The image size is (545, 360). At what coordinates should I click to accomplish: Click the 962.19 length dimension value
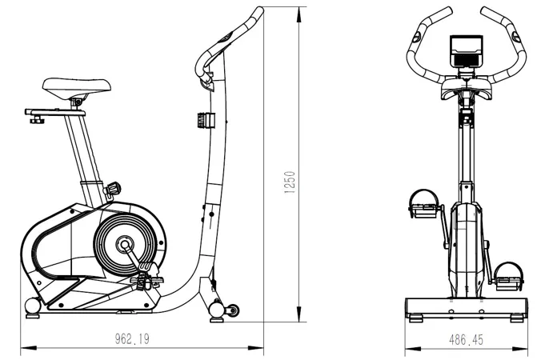(132, 339)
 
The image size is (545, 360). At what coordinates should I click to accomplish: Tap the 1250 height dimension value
(290, 182)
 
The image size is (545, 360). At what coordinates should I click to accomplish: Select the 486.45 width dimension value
(466, 339)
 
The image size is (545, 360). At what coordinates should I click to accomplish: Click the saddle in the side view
(77, 88)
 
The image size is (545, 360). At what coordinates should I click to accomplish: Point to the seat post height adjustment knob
(113, 190)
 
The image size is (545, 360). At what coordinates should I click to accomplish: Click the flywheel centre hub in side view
(124, 245)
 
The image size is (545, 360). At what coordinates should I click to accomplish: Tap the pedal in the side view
(146, 280)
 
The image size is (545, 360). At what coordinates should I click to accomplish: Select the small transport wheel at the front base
(232, 310)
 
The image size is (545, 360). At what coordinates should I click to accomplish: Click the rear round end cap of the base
(33, 306)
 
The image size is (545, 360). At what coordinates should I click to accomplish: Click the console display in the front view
(467, 50)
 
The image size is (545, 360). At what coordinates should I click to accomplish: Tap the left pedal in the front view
(423, 204)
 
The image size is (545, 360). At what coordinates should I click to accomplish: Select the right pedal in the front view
(508, 277)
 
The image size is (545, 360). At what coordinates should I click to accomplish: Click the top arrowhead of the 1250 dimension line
(299, 14)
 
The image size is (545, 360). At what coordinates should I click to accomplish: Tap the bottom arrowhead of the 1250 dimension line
(299, 314)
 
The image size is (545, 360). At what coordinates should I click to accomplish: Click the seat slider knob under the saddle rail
(37, 120)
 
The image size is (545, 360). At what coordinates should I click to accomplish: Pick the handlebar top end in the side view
(259, 10)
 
